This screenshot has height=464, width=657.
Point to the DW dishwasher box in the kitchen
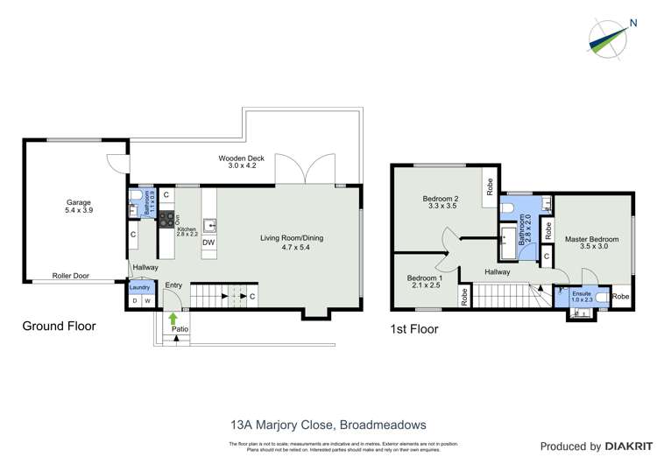[209, 243]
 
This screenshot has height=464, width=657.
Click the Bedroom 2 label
[443, 203]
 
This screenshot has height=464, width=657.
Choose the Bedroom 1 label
[425, 283]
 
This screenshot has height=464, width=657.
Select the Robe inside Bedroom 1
[463, 297]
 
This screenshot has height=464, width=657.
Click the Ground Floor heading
[59, 326]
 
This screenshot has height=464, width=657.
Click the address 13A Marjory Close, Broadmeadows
[328, 425]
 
